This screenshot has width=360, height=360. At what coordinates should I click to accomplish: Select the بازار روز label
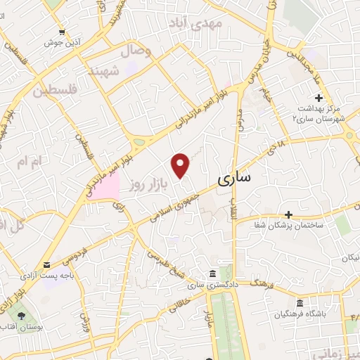click(x=151, y=185)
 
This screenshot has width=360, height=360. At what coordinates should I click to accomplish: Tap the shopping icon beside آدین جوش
click(x=63, y=32)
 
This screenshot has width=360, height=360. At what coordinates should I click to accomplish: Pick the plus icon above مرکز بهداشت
click(x=319, y=97)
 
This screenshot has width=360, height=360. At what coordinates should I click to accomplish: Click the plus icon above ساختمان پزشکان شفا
click(x=288, y=214)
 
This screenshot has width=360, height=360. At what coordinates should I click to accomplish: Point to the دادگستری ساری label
click(x=210, y=284)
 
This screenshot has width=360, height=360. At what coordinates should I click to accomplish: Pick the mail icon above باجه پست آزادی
click(x=46, y=265)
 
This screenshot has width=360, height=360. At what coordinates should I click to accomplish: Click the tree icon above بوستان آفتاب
click(x=22, y=316)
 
